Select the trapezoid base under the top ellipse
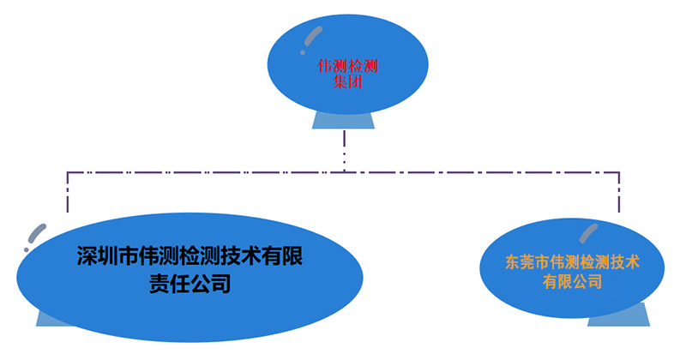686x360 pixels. (343, 119)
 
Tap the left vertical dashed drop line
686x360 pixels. (67, 193)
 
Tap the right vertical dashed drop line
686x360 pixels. (618, 193)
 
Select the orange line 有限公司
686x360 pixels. (571, 281)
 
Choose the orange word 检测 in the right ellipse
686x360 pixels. (587, 261)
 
